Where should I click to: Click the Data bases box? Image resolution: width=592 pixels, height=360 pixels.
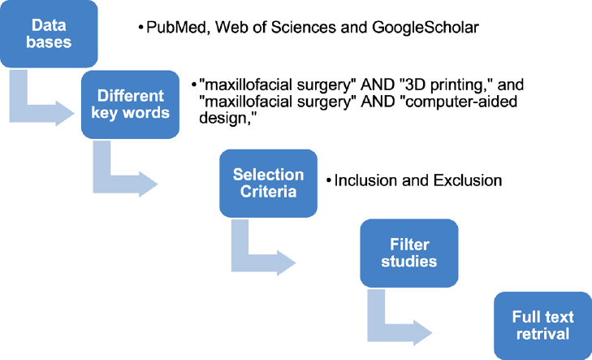click(x=49, y=34)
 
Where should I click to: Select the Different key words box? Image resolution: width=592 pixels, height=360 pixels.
click(x=130, y=105)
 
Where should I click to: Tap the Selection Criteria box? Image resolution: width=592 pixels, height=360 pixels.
click(x=268, y=183)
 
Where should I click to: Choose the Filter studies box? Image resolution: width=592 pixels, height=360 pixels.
click(x=409, y=253)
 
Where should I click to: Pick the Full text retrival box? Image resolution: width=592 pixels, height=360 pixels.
click(x=543, y=326)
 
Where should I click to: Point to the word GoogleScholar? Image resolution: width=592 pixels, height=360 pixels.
click(x=426, y=28)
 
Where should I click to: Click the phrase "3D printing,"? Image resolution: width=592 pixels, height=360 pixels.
click(x=447, y=85)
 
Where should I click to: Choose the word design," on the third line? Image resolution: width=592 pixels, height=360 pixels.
click(x=227, y=118)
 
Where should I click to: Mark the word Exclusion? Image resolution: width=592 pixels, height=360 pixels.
click(x=468, y=180)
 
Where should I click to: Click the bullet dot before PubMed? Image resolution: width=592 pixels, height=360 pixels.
click(x=140, y=28)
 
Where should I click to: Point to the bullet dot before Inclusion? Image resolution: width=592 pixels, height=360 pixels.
click(x=329, y=181)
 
